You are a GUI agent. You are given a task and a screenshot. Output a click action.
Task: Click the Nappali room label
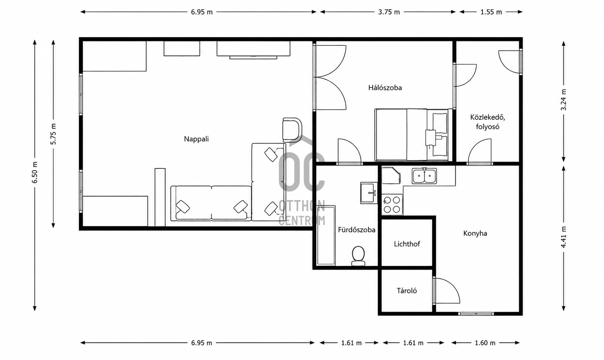[196, 139]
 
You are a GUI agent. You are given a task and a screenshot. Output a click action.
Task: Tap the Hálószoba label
[385, 88]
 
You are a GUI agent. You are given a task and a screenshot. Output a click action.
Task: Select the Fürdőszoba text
[356, 230]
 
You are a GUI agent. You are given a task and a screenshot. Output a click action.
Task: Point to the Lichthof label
[407, 244]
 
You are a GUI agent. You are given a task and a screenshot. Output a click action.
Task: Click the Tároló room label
[407, 291]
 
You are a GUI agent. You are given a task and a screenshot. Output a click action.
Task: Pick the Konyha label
[475, 234]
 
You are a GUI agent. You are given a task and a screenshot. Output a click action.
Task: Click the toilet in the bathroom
[358, 256]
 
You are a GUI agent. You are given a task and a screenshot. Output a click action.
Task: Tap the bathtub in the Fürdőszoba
[326, 235]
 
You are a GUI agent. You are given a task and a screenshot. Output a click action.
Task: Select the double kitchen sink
[424, 176]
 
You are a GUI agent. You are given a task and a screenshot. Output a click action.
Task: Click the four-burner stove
[392, 205]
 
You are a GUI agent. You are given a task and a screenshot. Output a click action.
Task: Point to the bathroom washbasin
[369, 193]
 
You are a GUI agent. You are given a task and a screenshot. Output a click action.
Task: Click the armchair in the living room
[292, 130]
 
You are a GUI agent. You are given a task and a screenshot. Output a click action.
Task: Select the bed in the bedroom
[411, 135]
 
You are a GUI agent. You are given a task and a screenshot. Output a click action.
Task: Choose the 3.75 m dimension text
[389, 12]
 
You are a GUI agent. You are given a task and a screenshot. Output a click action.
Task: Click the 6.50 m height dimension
[35, 173]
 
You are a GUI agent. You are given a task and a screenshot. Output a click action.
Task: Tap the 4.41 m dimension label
[563, 237]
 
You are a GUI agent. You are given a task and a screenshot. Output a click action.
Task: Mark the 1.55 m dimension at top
[491, 12]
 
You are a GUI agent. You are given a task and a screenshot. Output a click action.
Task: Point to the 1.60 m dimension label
[485, 343]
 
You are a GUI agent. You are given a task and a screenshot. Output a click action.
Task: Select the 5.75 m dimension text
[54, 134]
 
